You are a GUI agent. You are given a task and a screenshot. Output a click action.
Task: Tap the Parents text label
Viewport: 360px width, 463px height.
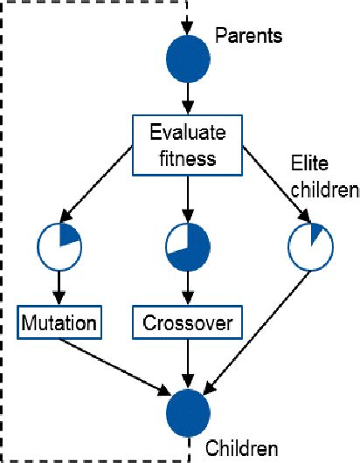click(249, 38)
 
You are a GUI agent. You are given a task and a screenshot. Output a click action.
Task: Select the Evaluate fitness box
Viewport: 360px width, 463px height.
click(187, 146)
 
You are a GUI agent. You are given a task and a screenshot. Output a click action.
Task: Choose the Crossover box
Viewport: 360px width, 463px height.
click(187, 323)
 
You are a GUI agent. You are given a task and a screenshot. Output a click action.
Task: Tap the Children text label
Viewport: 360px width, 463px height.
click(242, 450)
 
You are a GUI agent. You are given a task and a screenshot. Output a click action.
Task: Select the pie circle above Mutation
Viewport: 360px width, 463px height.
click(60, 246)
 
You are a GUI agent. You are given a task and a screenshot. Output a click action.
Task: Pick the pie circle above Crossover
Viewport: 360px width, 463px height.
click(187, 246)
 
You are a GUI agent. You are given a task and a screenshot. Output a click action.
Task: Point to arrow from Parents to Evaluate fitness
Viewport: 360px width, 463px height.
click(187, 99)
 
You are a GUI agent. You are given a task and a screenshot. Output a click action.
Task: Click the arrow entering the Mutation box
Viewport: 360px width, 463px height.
click(60, 287)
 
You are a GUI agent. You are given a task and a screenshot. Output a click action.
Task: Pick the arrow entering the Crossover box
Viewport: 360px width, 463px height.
click(187, 287)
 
